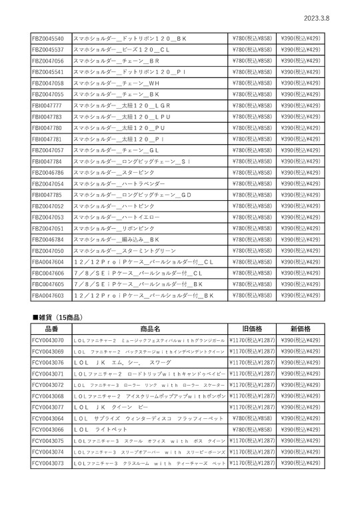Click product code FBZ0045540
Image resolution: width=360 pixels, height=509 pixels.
coord(48,38)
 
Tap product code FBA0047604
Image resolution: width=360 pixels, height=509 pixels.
coord(48,262)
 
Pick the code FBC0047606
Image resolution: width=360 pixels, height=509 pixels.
coord(48,273)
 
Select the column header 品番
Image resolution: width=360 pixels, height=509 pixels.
coord(51,328)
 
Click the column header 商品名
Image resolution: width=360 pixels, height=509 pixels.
coord(150,328)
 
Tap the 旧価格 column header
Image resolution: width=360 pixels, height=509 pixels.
coord(252,328)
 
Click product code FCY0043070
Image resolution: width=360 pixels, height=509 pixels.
coord(48,340)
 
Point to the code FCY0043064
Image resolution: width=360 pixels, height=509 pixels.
coord(48,418)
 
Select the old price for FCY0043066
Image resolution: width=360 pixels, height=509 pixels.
coord(252,430)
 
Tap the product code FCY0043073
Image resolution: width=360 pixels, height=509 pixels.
coord(48,463)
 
